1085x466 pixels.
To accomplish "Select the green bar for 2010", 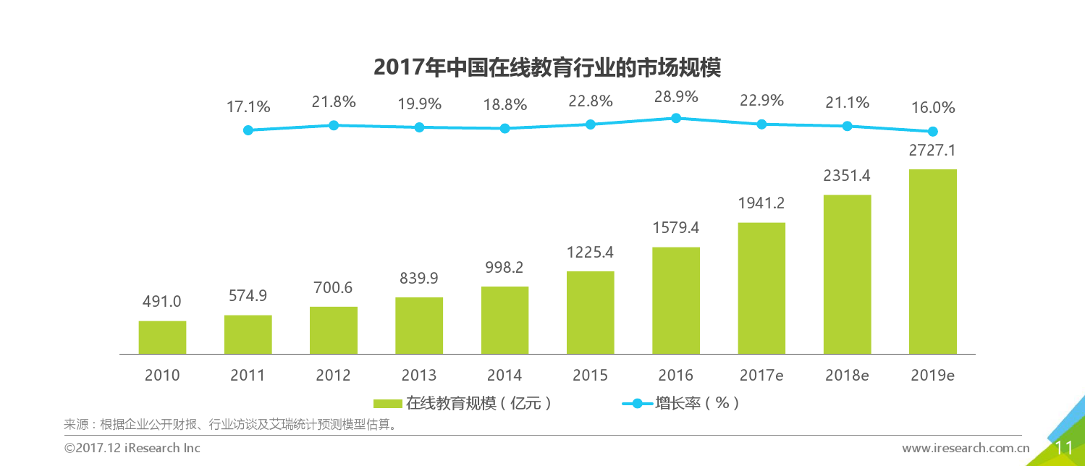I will pos(162,337).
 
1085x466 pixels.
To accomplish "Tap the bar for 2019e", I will pos(932,262).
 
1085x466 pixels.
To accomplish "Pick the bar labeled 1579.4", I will pos(675,300).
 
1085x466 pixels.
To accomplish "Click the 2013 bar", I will pos(419,326).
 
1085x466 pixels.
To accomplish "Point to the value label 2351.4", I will pos(847,177).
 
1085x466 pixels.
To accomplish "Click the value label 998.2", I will pos(504,268).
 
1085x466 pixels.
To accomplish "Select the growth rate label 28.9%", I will pos(675,97).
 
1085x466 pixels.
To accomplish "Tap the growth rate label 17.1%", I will pos(248,107).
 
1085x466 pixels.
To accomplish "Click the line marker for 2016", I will pos(675,118).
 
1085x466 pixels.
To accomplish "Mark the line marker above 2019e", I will pos(932,132).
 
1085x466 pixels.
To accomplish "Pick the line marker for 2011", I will pos(248,130).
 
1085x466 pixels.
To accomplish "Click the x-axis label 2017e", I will pos(761,376).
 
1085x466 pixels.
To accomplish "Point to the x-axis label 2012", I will pos(333,376).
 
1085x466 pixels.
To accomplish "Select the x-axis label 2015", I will pos(590,376).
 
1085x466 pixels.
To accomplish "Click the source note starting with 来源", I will pos(232,424).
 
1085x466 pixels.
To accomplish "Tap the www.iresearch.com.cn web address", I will pos(965,448).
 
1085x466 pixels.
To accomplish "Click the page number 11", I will pos(1063,448).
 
